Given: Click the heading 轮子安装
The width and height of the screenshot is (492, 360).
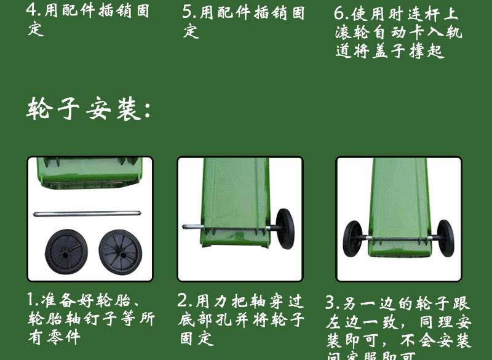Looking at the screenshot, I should point(89,110).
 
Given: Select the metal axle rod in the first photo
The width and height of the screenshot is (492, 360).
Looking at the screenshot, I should point(90,214).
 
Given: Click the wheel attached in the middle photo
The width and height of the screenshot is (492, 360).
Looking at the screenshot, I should point(284,228).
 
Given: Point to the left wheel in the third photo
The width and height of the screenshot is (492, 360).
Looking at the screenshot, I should point(354,239).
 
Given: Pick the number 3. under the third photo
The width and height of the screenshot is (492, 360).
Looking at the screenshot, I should point(333,303).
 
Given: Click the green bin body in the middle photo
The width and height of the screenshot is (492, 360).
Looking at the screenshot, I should point(237,197).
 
